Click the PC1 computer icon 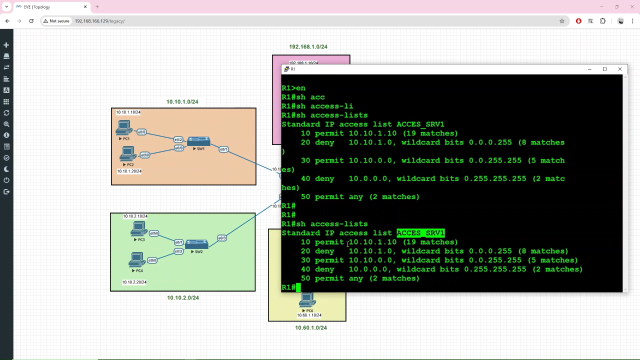click(x=124, y=128)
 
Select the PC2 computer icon click(x=128, y=153)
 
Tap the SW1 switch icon click(x=198, y=141)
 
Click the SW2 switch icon click(x=196, y=244)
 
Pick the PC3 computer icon click(x=138, y=229)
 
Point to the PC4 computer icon click(x=136, y=259)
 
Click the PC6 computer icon click(x=307, y=300)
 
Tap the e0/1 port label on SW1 click(x=223, y=149)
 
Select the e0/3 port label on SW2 click(x=222, y=238)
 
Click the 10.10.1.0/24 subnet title click(x=182, y=101)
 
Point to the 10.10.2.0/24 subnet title click(x=183, y=297)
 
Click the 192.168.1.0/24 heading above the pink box click(x=308, y=46)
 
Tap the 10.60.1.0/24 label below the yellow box click(x=311, y=327)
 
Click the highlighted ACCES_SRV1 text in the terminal click(x=420, y=233)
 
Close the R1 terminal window click(x=620, y=69)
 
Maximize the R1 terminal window click(x=604, y=69)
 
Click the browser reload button click(x=31, y=21)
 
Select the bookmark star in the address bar click(x=562, y=21)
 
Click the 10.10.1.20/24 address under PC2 click(x=129, y=171)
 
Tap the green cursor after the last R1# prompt click(x=298, y=287)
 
